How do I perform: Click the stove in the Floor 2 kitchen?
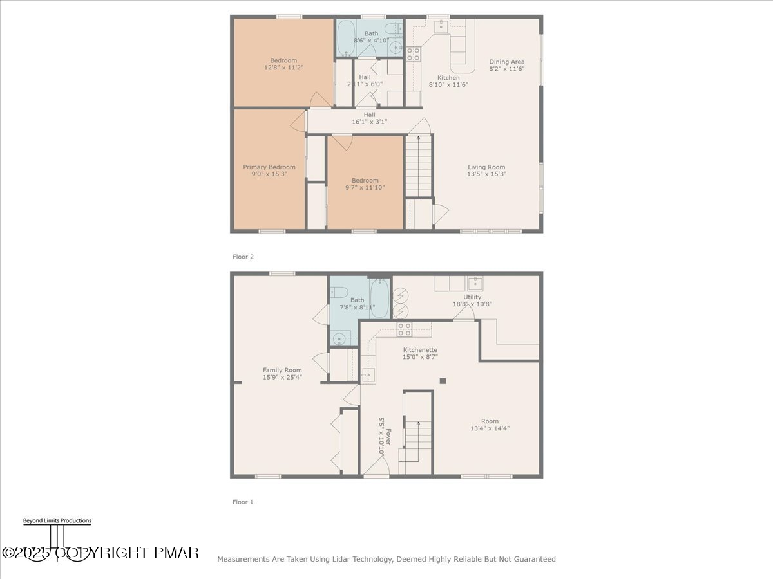coord(413,54)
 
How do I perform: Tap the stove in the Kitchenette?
coord(404,329)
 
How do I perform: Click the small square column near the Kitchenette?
coord(443,381)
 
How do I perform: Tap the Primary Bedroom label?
coord(269,167)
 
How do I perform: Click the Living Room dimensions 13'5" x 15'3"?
coord(486,174)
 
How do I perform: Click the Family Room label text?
coord(282,370)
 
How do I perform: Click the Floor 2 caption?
coord(243,257)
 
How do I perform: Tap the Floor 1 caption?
coord(243,502)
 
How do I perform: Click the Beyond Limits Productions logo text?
coord(57,521)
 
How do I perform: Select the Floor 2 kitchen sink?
coord(442,26)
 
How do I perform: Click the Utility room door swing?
coord(461,314)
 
